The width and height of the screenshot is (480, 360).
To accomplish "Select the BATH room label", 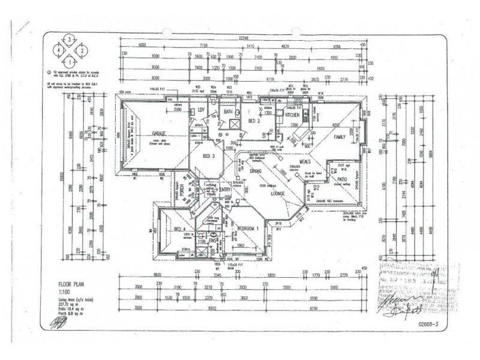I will [x=228, y=112].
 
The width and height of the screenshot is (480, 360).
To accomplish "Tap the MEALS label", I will [x=299, y=162].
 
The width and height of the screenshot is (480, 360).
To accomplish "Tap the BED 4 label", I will [x=178, y=230].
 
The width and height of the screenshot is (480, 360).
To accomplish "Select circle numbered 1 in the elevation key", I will [x=71, y=60].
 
